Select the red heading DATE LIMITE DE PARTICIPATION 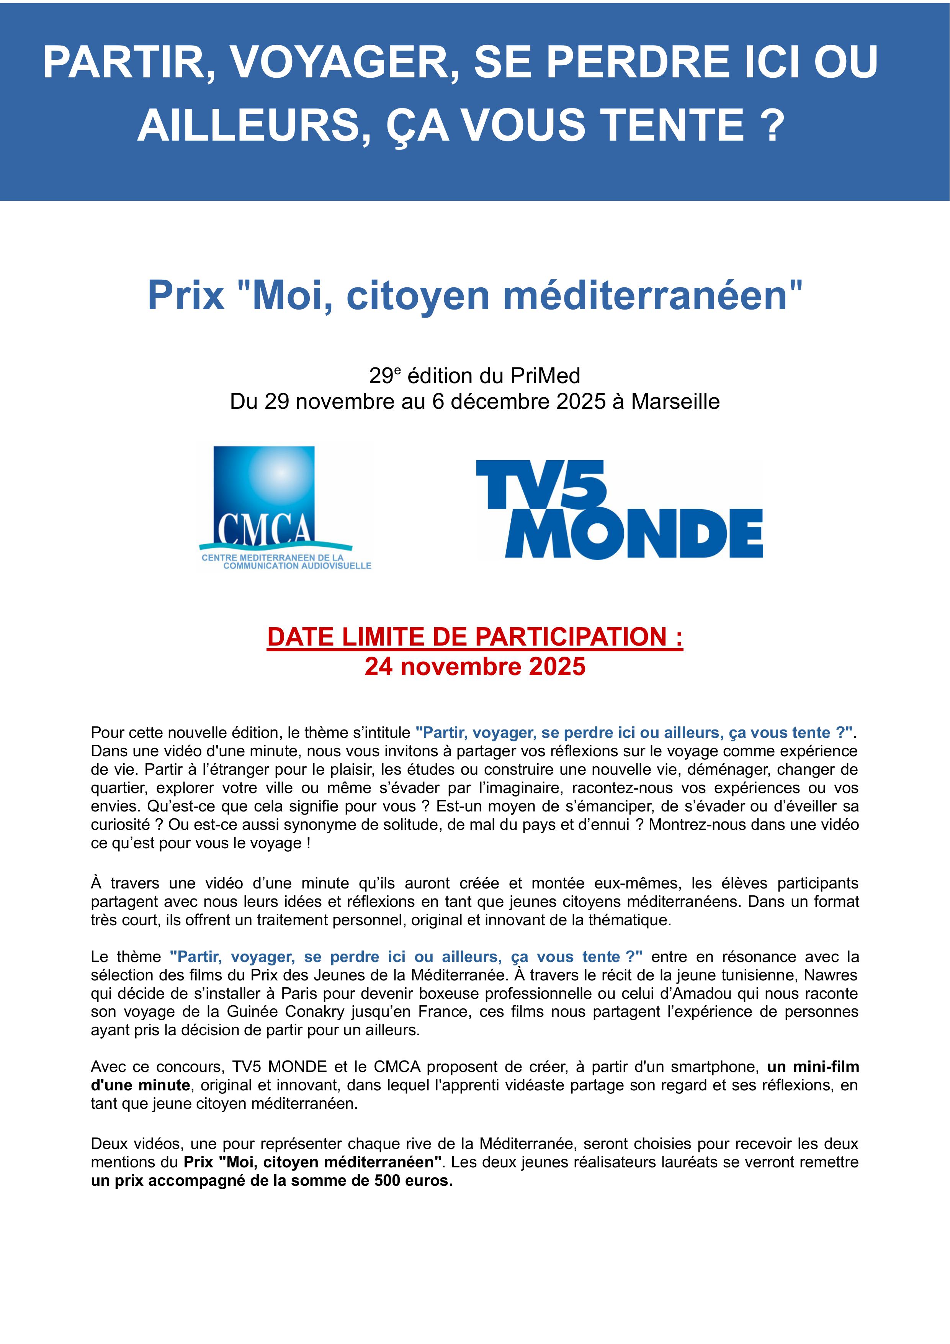pos(474,637)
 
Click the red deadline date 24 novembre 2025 pos(474,667)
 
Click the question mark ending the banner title pos(774,125)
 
